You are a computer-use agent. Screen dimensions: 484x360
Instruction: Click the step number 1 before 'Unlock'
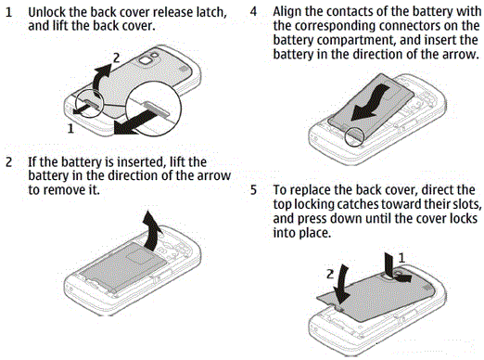point(9,12)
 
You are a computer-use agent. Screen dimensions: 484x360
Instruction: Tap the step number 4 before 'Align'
point(253,11)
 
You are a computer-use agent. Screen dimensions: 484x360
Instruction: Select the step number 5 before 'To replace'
point(253,190)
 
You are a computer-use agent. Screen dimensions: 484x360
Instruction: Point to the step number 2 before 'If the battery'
point(9,162)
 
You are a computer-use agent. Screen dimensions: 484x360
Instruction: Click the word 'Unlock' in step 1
point(47,12)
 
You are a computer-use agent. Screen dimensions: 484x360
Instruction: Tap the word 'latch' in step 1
point(211,13)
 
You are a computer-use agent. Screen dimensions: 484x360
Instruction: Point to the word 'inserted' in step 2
point(141,162)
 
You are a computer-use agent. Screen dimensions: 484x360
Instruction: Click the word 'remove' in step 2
point(62,190)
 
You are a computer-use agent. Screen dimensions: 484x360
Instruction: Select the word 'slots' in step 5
point(465,204)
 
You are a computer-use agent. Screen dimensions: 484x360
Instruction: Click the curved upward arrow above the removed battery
point(152,231)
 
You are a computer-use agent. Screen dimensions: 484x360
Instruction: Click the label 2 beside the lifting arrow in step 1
point(116,58)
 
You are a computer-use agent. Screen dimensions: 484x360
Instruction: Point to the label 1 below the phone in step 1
point(70,128)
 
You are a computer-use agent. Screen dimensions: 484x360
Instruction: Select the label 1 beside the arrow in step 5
point(401,258)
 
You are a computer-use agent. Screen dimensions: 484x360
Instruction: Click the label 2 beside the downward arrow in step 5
point(330,274)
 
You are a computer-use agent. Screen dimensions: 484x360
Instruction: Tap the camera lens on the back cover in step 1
point(145,60)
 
